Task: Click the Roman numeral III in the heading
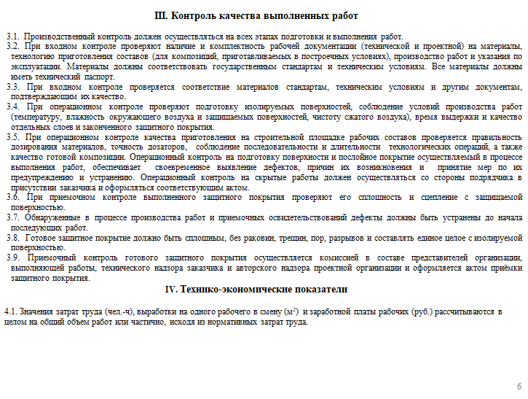162,16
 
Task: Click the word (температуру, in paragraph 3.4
34,117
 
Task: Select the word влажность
85,117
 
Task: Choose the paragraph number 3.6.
14,197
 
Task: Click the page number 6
519,387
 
